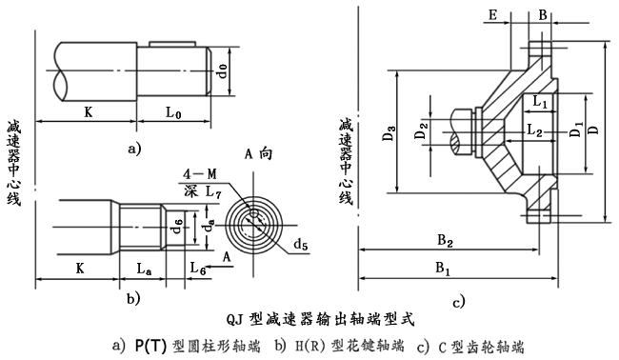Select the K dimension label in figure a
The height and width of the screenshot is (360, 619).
pos(88,112)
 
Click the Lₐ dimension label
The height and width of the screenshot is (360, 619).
pos(143,270)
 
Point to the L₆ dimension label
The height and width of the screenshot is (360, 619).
pos(198,270)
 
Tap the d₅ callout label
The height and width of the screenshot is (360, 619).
pos(301,245)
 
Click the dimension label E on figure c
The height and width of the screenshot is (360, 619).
pos(491,15)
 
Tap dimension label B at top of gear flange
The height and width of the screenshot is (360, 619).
pos(542,15)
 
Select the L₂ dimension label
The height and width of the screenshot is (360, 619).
pos(535,130)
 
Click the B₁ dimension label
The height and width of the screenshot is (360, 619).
pos(444,270)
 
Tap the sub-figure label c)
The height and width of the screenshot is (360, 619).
pos(459,302)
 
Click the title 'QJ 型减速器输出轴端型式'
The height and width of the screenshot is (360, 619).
pos(322,311)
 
